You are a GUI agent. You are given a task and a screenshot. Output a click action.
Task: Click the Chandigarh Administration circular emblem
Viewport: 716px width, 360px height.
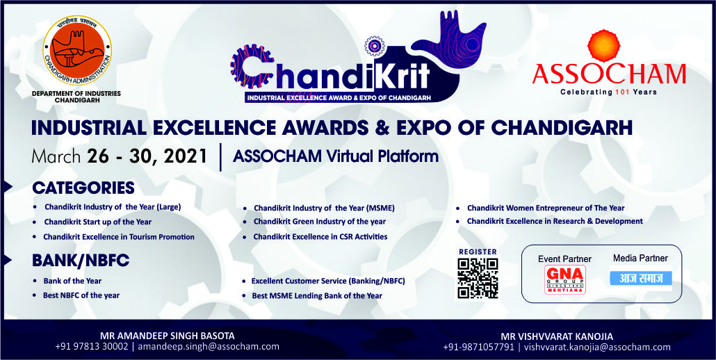(77, 50)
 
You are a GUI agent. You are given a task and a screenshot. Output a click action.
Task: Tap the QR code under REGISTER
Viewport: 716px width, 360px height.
(478, 278)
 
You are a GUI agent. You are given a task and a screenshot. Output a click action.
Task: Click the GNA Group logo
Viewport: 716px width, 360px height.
(565, 279)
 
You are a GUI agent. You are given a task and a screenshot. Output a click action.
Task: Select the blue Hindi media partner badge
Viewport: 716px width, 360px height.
(641, 278)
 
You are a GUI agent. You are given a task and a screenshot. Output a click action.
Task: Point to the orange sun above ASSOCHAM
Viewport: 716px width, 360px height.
(604, 45)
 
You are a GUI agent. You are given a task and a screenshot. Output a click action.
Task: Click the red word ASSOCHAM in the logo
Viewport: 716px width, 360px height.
(609, 74)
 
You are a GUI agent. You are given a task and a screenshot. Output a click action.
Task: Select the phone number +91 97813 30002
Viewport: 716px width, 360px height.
(92, 346)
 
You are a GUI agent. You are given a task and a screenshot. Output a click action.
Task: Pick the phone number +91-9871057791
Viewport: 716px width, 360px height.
(478, 347)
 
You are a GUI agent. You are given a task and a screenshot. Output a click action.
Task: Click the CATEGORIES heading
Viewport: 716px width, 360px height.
(83, 188)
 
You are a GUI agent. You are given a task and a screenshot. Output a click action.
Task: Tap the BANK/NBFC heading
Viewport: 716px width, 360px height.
(81, 261)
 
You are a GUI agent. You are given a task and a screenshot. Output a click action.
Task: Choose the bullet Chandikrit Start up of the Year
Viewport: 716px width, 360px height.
(98, 222)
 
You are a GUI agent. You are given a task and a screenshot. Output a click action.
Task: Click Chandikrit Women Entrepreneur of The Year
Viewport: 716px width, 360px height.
(546, 208)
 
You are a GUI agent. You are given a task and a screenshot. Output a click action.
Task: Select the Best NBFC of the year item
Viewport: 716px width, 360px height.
(81, 295)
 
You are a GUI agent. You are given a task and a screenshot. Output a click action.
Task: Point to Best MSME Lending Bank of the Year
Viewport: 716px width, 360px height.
(317, 295)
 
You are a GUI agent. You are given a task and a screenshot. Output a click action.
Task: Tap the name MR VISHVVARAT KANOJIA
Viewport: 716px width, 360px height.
(557, 337)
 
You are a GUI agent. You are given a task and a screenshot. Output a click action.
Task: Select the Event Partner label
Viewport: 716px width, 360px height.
(564, 259)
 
